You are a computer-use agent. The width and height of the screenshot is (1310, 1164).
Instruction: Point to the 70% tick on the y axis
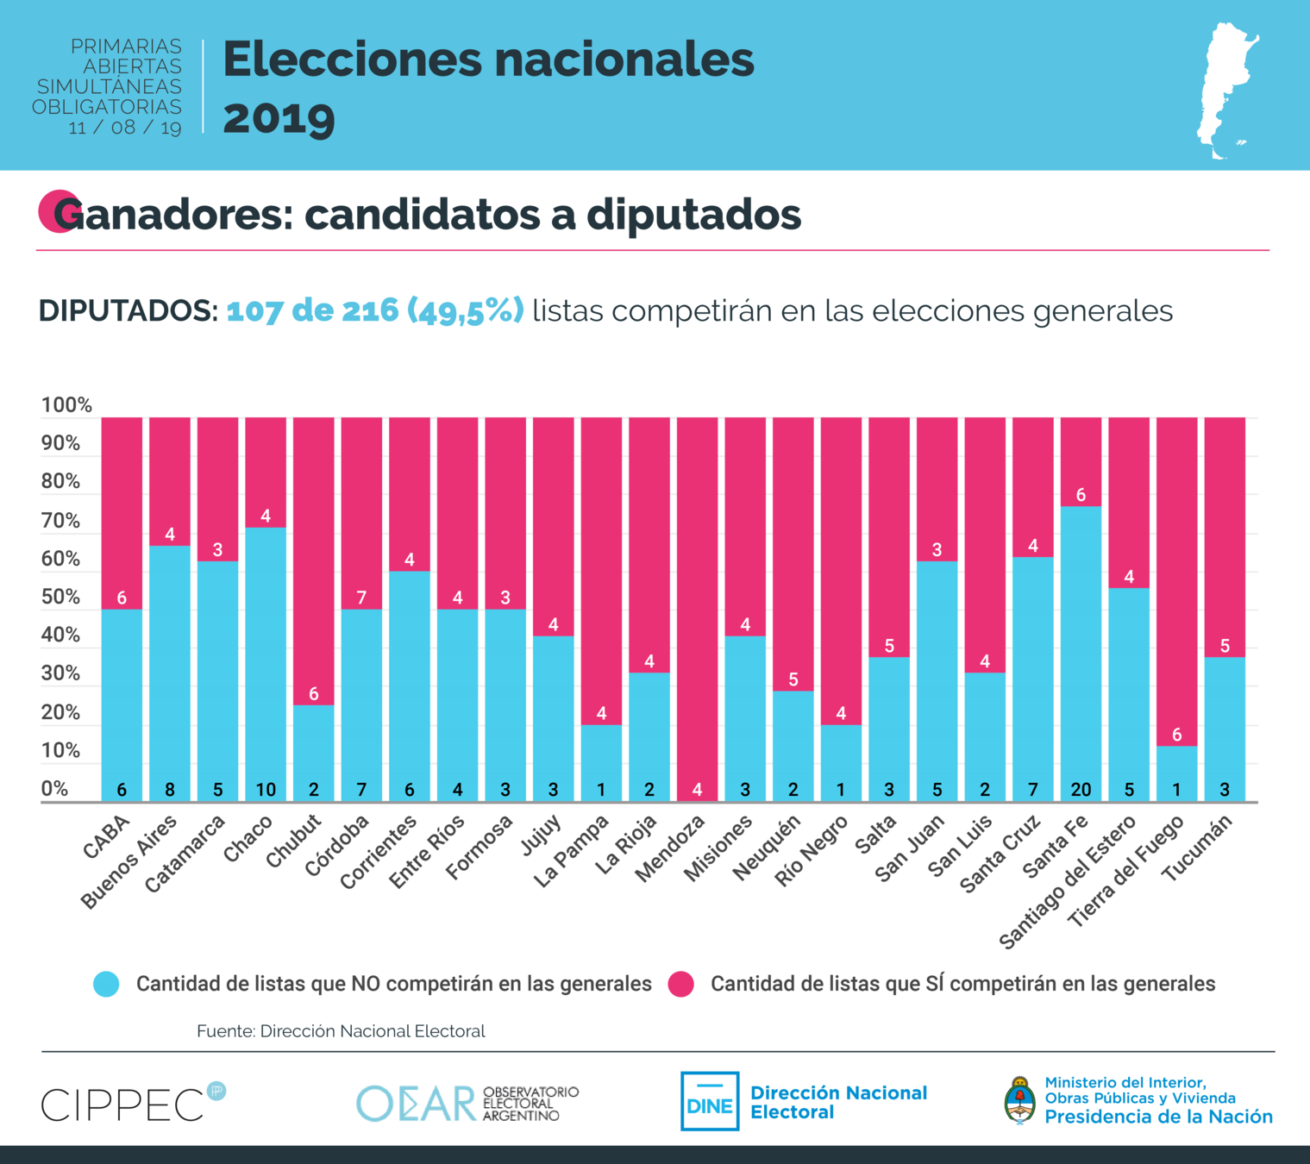coord(60,521)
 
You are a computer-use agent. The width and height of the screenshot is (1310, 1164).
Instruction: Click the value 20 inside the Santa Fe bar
coord(1081,789)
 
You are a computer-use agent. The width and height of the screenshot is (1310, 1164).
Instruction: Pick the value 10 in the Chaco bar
coord(266,789)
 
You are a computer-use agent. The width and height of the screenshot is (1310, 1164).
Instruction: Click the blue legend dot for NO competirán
coord(106,984)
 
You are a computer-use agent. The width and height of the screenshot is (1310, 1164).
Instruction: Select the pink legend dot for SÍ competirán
coord(681,984)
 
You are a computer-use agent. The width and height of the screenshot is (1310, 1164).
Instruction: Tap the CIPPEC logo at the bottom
coord(125,1105)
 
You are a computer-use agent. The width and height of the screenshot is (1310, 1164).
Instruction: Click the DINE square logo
coord(710,1101)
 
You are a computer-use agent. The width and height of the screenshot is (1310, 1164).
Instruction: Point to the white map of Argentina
coord(1226,91)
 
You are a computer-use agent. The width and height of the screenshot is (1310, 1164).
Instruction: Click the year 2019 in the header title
coord(279,118)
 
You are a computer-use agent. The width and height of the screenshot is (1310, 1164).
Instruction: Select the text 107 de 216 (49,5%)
coord(375,310)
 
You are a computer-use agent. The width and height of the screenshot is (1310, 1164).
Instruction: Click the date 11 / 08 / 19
coord(125,128)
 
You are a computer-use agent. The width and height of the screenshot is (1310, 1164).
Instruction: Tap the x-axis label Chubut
coord(294,840)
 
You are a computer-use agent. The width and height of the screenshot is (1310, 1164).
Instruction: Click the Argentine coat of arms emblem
coord(1020,1101)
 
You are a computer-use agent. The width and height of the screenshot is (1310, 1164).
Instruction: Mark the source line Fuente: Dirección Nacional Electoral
coord(341,1031)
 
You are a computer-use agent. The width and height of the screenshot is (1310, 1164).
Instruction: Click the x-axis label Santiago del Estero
coord(1067,883)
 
